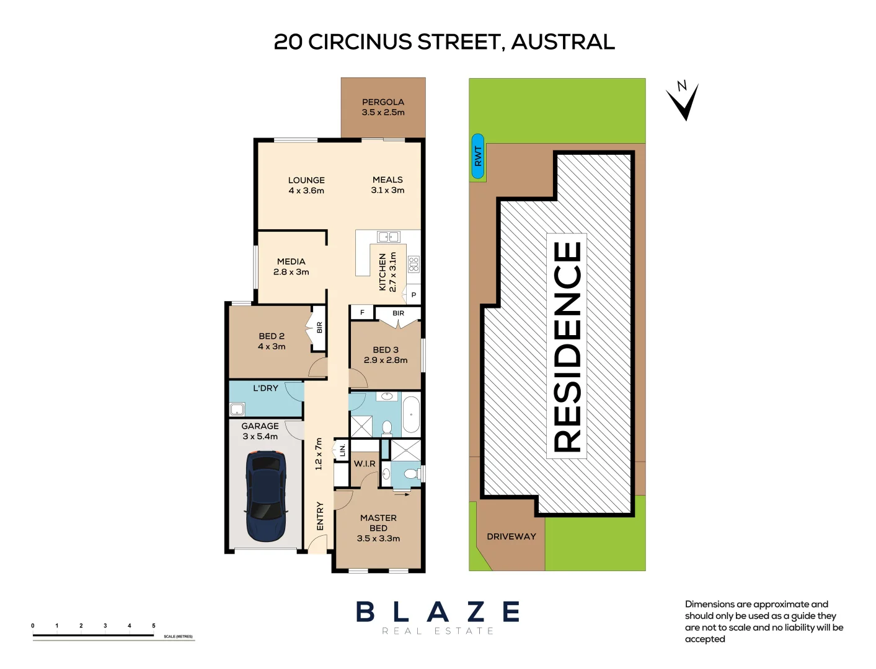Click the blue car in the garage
pyautogui.click(x=266, y=496)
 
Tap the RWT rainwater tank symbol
pyautogui.click(x=477, y=156)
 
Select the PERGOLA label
pyautogui.click(x=383, y=102)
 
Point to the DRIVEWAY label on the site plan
pyautogui.click(x=511, y=536)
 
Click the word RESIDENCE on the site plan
pyautogui.click(x=567, y=346)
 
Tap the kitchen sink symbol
pyautogui.click(x=389, y=237)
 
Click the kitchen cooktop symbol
pyautogui.click(x=414, y=265)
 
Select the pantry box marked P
pyautogui.click(x=414, y=295)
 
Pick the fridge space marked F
pyautogui.click(x=362, y=313)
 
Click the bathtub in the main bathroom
pyautogui.click(x=411, y=414)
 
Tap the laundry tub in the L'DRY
pyautogui.click(x=237, y=409)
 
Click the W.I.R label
pyautogui.click(x=365, y=463)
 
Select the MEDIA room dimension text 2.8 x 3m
pyautogui.click(x=291, y=272)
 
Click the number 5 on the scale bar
pyautogui.click(x=154, y=626)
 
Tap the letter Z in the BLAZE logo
pyautogui.click(x=476, y=612)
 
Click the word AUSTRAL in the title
pyautogui.click(x=563, y=42)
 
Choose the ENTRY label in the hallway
pyautogui.click(x=320, y=516)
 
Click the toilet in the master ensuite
pyautogui.click(x=410, y=474)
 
